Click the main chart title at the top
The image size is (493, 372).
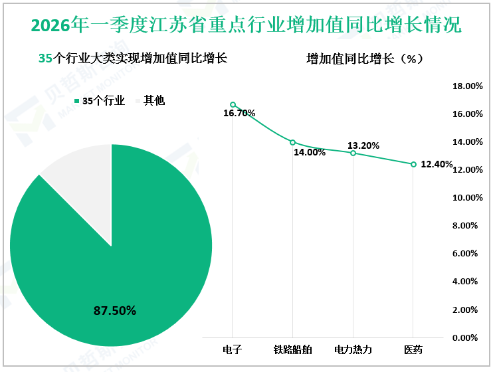point(246,26)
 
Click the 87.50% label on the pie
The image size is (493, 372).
point(114,310)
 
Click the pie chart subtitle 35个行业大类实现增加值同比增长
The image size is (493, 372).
point(133,58)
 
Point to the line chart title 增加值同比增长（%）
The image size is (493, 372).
point(365,58)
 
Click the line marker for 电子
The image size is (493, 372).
point(233,104)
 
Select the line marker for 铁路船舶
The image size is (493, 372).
point(292,142)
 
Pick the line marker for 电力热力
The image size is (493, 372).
point(353,153)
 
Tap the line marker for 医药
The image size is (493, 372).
point(413,164)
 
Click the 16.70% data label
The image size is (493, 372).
point(239,114)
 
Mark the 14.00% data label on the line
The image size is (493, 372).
point(310,152)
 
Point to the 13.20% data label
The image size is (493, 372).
point(363,145)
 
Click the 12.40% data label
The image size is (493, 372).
point(437,165)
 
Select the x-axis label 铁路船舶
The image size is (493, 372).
point(292,349)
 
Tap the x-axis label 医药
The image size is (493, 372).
point(413,349)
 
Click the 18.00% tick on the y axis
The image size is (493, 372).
point(467,86)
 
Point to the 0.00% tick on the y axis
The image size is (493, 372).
point(469,338)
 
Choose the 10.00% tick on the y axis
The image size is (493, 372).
point(467,198)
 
